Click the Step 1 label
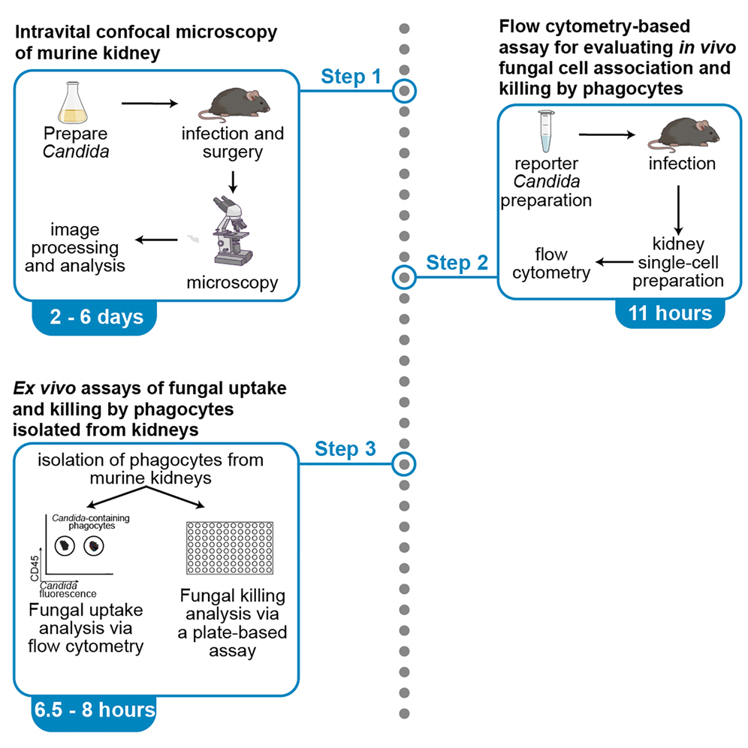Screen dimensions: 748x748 coord(351,77)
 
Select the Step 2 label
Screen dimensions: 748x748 coord(457,263)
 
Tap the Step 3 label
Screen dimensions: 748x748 coord(345,449)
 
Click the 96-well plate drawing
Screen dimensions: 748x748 coord(229,553)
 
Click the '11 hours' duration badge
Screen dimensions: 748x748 coord(670,312)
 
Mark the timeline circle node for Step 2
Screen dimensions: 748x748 coord(404,277)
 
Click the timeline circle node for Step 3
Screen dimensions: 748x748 coord(404,463)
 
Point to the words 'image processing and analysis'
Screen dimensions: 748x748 coord(74,247)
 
